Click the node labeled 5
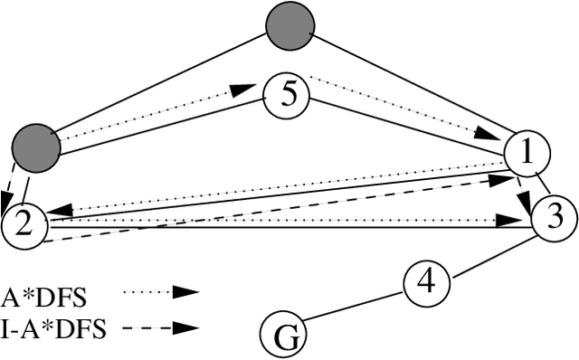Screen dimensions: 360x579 pos(286,95)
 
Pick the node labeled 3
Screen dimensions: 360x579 pos(552,217)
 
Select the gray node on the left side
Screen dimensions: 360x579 pos(37,145)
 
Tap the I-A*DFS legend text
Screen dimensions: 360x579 pos(54,328)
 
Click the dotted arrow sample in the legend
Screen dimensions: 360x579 pos(159,292)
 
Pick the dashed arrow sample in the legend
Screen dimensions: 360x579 pos(159,328)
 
